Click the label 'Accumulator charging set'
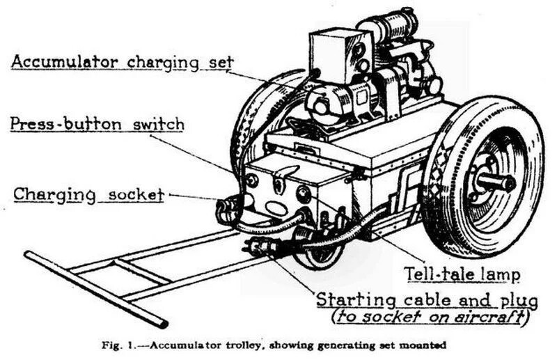click(123, 63)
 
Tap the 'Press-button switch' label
click(97, 125)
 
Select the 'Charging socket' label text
click(89, 195)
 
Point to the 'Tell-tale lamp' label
click(462, 274)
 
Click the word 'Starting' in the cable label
click(356, 300)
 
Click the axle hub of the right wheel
click(496, 182)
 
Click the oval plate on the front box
click(276, 208)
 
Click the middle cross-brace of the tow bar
click(141, 271)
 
